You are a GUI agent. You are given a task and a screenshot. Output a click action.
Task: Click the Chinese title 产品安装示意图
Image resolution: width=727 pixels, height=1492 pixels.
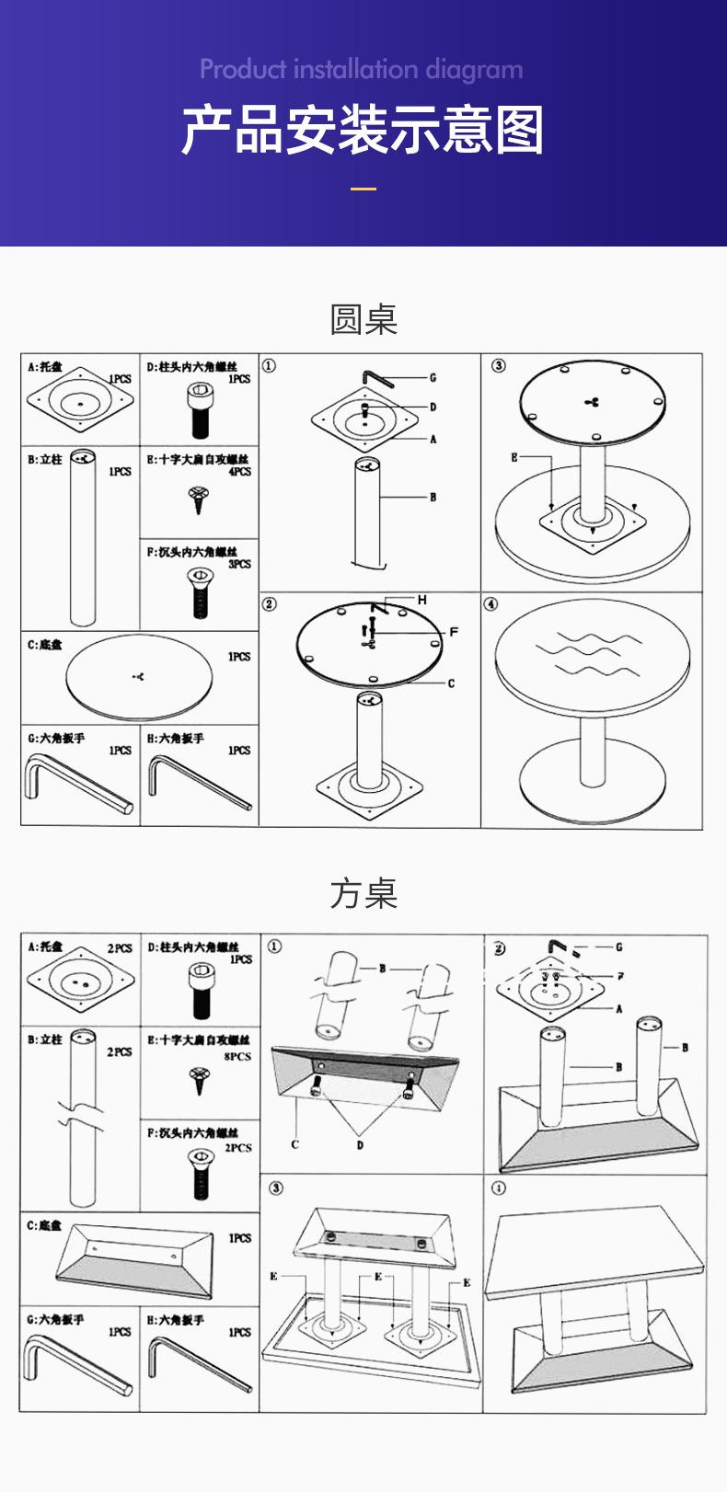click(x=363, y=130)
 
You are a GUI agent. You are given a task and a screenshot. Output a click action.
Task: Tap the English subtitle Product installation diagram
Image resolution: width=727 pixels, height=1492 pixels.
click(x=362, y=69)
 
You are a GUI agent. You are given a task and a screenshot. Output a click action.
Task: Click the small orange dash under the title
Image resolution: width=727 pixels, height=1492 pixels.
click(x=363, y=189)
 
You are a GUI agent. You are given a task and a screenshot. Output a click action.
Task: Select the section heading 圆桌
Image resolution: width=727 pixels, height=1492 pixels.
click(x=363, y=319)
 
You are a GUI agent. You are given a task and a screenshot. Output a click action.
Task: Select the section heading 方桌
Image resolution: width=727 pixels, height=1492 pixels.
click(x=363, y=893)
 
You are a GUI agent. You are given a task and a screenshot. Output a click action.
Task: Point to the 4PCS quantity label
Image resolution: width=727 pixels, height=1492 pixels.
click(x=239, y=471)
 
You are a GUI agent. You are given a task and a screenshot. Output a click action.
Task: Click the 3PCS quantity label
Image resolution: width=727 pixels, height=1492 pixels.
click(x=239, y=564)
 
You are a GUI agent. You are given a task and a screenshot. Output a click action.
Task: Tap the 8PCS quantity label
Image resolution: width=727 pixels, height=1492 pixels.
click(x=238, y=1056)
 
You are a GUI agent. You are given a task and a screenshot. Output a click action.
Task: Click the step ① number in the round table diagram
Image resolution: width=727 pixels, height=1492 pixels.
click(x=269, y=366)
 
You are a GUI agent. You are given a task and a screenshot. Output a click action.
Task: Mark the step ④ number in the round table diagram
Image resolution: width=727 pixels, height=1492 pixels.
click(x=491, y=604)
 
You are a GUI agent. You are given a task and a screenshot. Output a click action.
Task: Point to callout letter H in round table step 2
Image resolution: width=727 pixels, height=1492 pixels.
click(x=422, y=600)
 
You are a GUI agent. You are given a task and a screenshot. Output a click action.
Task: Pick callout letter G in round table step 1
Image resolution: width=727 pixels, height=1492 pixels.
click(x=433, y=377)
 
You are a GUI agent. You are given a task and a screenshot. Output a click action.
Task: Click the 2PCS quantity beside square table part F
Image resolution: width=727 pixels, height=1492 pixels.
click(x=239, y=1147)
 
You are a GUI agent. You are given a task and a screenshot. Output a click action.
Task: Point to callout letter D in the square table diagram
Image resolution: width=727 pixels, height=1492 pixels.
click(x=360, y=1144)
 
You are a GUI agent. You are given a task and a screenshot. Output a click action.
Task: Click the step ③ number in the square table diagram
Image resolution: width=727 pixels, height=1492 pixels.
click(x=274, y=1188)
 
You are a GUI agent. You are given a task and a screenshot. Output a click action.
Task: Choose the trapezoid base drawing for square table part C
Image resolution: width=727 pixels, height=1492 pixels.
click(x=138, y=1257)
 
